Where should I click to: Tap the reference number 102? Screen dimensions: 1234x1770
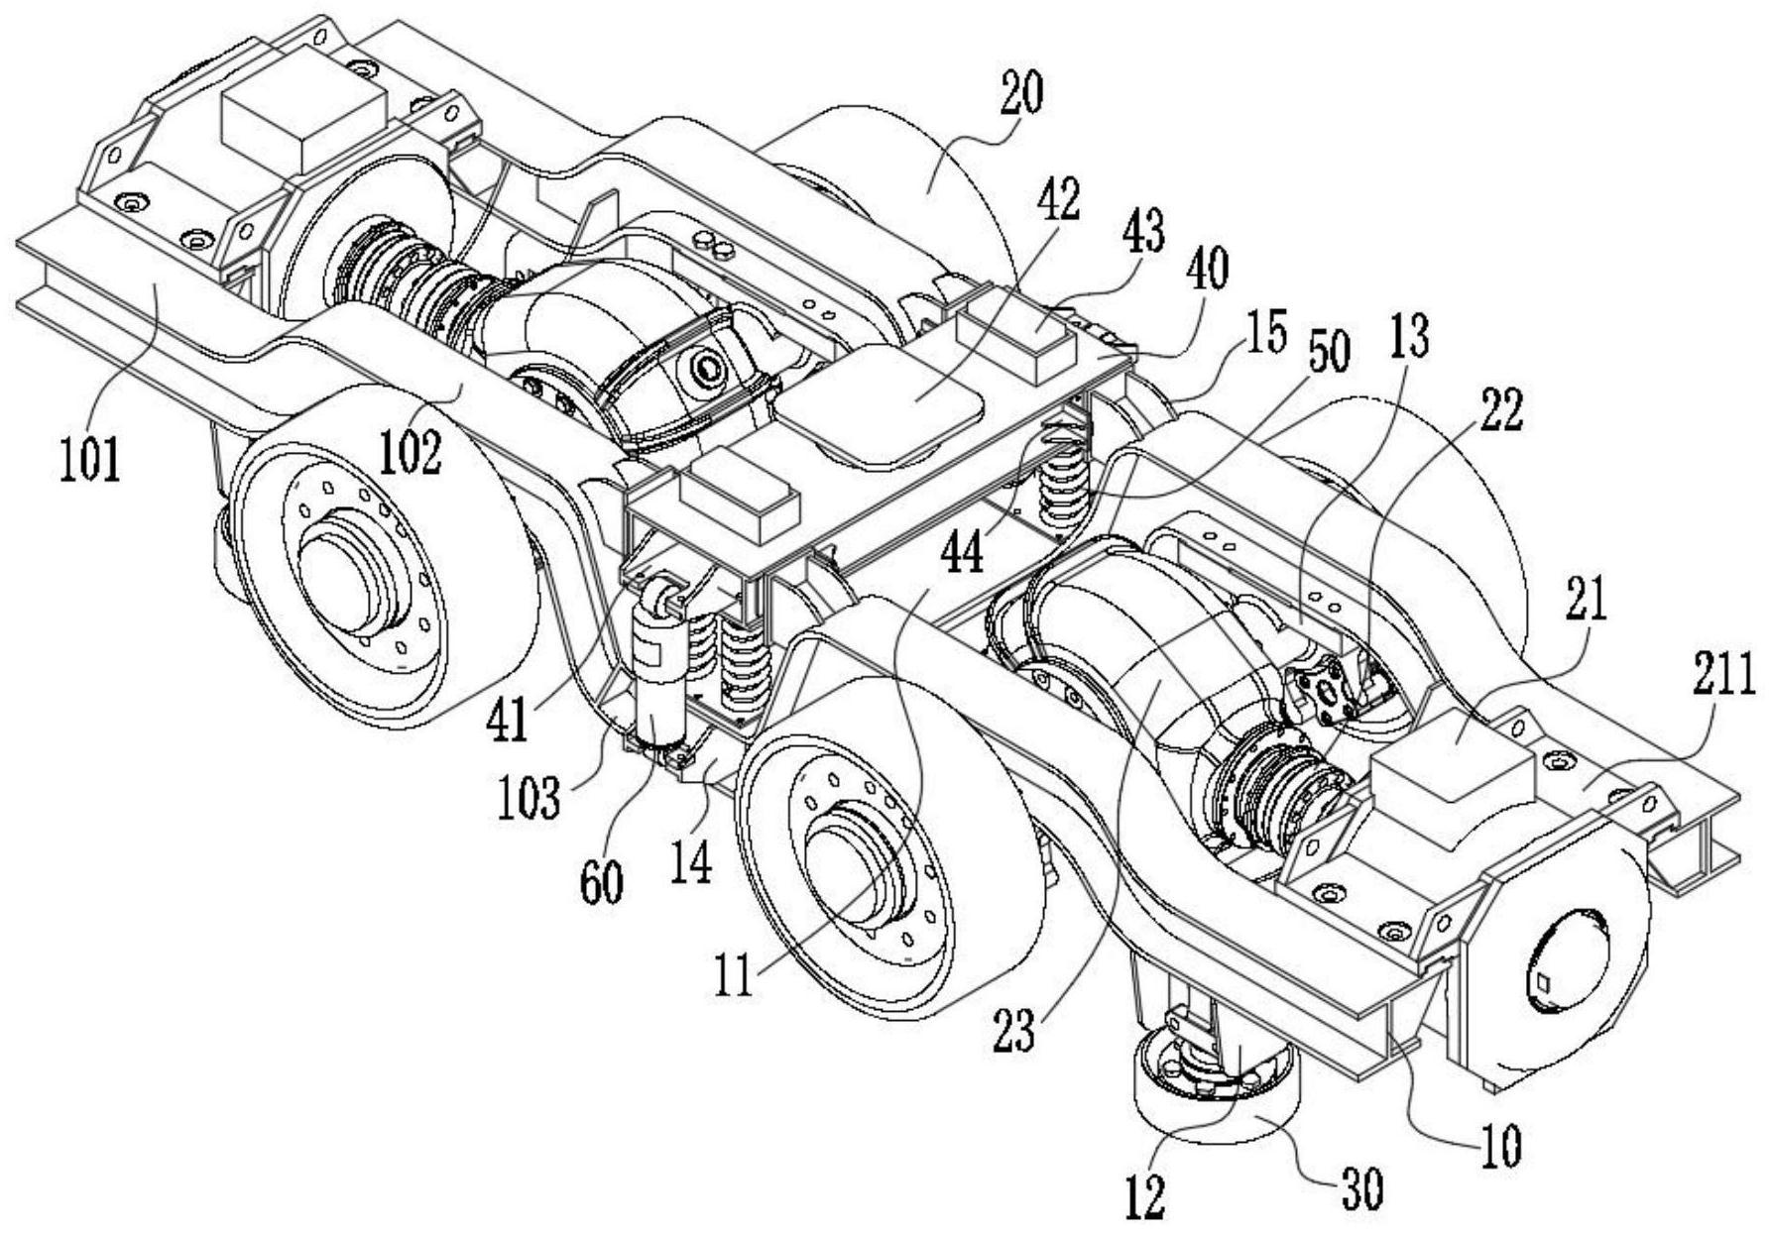pyautogui.click(x=411, y=451)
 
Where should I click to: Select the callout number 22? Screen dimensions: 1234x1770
pyautogui.click(x=1500, y=407)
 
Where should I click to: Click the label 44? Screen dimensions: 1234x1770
pyautogui.click(x=959, y=550)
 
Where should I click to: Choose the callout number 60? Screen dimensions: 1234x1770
pyautogui.click(x=602, y=880)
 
